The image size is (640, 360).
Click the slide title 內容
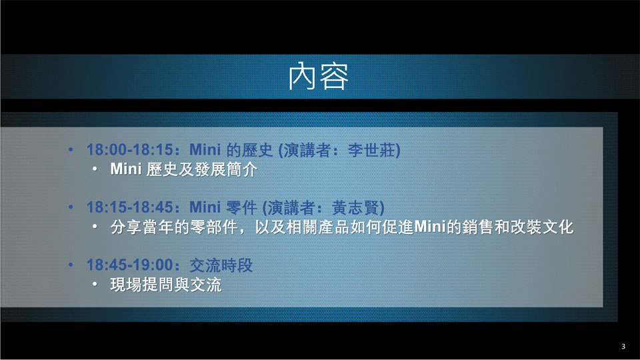pos(319,76)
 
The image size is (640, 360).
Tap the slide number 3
pos(623,346)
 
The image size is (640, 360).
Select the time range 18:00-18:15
pos(130,150)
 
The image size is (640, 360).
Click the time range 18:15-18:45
pos(130,207)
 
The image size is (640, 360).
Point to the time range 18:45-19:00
pos(130,265)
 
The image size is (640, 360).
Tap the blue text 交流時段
pos(221,265)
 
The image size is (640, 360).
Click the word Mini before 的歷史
pos(205,150)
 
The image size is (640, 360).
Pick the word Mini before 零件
pos(205,207)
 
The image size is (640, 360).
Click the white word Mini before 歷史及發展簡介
pos(126,169)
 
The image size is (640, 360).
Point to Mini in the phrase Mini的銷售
pos(429,227)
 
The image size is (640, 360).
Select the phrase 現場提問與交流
pos(166,285)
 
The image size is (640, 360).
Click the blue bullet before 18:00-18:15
pos(71,150)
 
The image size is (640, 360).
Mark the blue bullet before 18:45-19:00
pos(71,265)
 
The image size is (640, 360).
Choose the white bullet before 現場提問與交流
pos(95,284)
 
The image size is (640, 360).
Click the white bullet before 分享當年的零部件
pos(95,226)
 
